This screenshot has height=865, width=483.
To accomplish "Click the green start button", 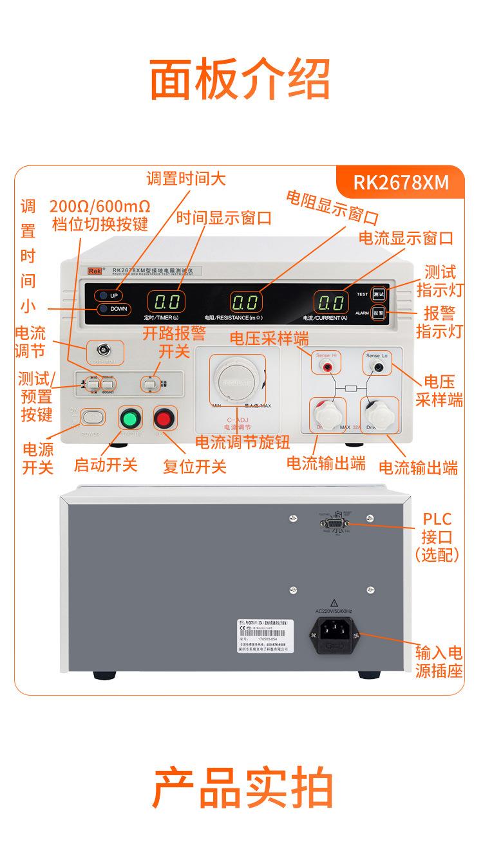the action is click(x=130, y=419).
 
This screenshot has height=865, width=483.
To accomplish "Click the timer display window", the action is click(x=166, y=302).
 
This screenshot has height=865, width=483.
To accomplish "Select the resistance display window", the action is click(x=247, y=302).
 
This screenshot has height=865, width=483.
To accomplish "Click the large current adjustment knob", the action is click(x=235, y=380).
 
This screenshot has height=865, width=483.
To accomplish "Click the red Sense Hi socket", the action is click(x=328, y=367).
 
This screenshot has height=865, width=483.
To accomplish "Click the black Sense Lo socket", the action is click(x=378, y=367).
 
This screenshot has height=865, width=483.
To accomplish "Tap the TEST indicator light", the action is click(x=379, y=294).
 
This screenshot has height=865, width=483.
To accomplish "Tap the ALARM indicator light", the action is click(x=379, y=313).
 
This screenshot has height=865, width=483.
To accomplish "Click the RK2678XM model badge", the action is click(x=400, y=182).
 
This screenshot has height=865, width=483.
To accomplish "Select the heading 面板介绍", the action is click(x=241, y=79).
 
